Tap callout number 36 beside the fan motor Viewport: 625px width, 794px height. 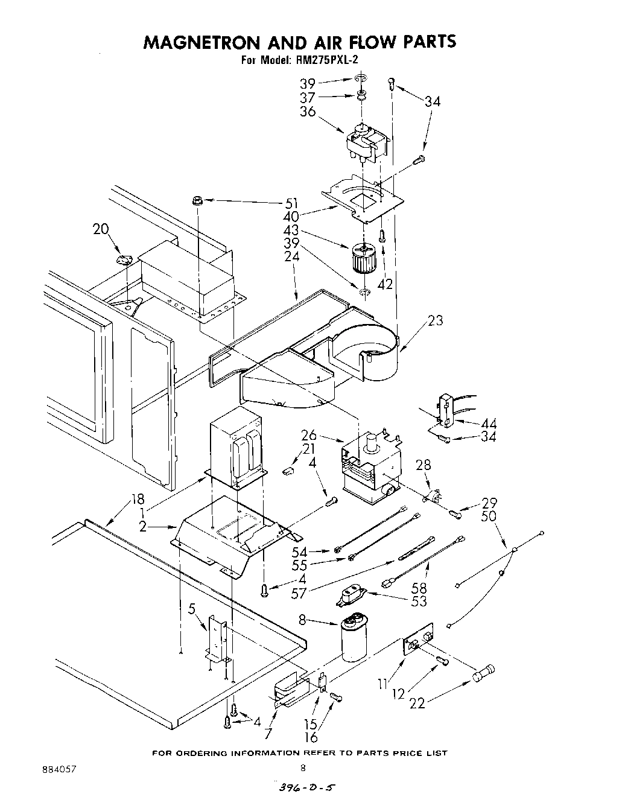[308, 112]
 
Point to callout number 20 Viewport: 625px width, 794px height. [101, 229]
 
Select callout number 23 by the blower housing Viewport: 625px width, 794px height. [435, 320]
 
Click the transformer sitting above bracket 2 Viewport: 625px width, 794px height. [237, 449]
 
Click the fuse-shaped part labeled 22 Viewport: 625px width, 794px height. [484, 672]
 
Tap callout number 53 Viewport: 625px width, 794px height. [418, 602]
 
